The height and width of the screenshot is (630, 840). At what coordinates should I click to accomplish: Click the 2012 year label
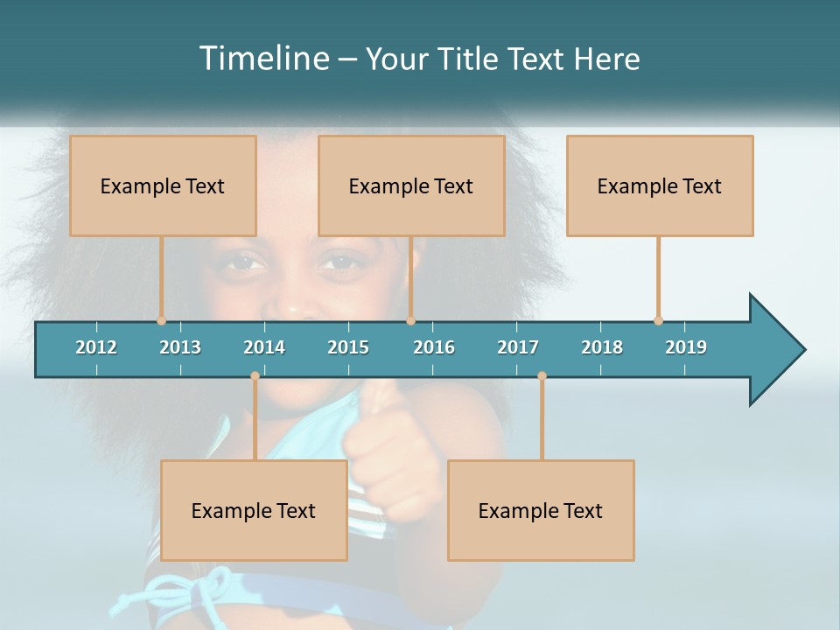click(96, 347)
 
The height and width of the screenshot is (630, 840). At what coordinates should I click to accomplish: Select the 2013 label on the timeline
click(180, 347)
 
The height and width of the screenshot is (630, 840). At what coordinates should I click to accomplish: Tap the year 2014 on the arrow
click(264, 347)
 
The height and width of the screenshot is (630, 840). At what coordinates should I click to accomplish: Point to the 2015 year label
click(348, 347)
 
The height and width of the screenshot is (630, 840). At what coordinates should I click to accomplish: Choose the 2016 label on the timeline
click(434, 347)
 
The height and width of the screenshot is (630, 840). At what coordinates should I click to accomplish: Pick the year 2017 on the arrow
click(518, 347)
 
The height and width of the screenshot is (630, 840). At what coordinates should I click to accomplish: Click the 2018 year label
click(602, 347)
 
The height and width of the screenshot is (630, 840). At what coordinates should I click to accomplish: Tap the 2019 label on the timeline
click(686, 347)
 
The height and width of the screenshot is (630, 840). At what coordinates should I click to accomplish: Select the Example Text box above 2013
click(163, 185)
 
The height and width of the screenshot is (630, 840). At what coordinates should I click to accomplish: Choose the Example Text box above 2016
click(411, 185)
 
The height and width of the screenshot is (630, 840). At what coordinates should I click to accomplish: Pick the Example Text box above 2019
click(660, 185)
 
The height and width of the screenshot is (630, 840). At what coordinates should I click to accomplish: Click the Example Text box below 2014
click(254, 510)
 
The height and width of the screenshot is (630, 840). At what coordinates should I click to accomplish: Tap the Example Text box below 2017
click(541, 510)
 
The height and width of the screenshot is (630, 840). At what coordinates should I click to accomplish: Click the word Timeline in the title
click(262, 59)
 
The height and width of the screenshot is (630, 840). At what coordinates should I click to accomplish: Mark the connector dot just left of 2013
click(161, 320)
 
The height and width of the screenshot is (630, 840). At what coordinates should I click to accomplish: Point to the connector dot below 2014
click(255, 375)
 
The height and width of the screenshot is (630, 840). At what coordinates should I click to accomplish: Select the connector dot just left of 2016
click(410, 320)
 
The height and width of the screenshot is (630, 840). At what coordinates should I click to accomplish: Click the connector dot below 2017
click(542, 375)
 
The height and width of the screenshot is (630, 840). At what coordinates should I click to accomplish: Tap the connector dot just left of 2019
click(658, 320)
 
